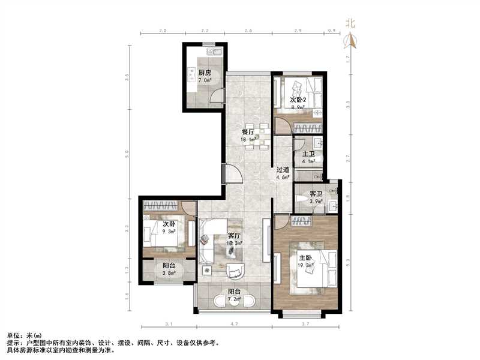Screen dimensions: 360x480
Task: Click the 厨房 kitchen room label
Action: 205,73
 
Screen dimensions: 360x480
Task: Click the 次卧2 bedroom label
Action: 299,100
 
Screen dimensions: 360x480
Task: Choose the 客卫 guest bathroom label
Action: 316,194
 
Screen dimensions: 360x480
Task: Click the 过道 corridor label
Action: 283,170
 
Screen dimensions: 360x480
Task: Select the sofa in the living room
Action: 210,240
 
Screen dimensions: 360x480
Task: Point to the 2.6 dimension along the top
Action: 248,30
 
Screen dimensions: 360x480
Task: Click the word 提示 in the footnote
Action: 13,343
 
